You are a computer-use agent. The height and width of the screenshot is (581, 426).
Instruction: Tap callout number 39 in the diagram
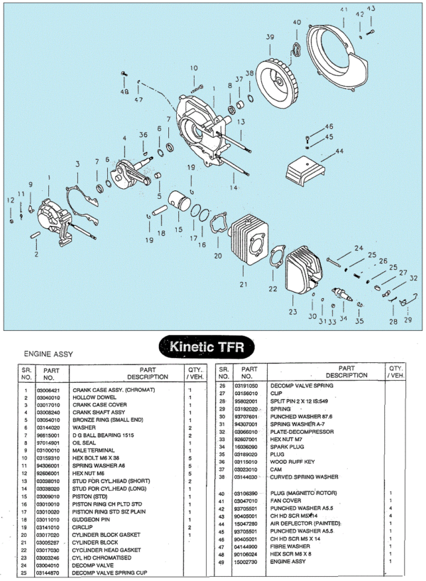(269, 36)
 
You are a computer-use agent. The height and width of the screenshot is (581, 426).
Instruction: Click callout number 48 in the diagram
(124, 92)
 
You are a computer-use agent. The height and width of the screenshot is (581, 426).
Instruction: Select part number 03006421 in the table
(46, 390)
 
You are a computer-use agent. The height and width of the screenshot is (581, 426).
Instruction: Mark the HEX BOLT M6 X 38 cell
(97, 458)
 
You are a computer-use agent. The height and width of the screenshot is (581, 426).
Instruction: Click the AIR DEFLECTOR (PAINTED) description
(301, 523)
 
